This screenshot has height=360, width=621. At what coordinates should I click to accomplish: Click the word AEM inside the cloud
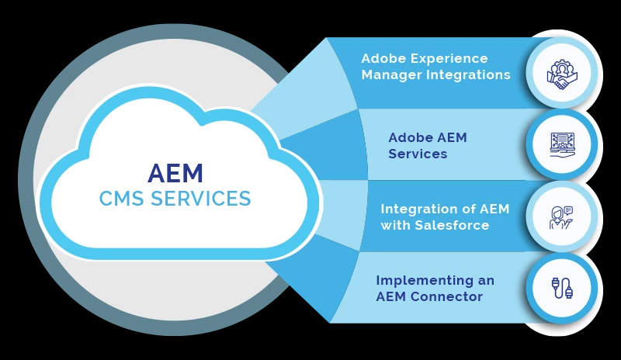click(x=175, y=171)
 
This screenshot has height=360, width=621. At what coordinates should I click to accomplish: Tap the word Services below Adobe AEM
click(x=418, y=154)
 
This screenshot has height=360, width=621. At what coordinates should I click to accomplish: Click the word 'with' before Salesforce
click(x=394, y=225)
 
